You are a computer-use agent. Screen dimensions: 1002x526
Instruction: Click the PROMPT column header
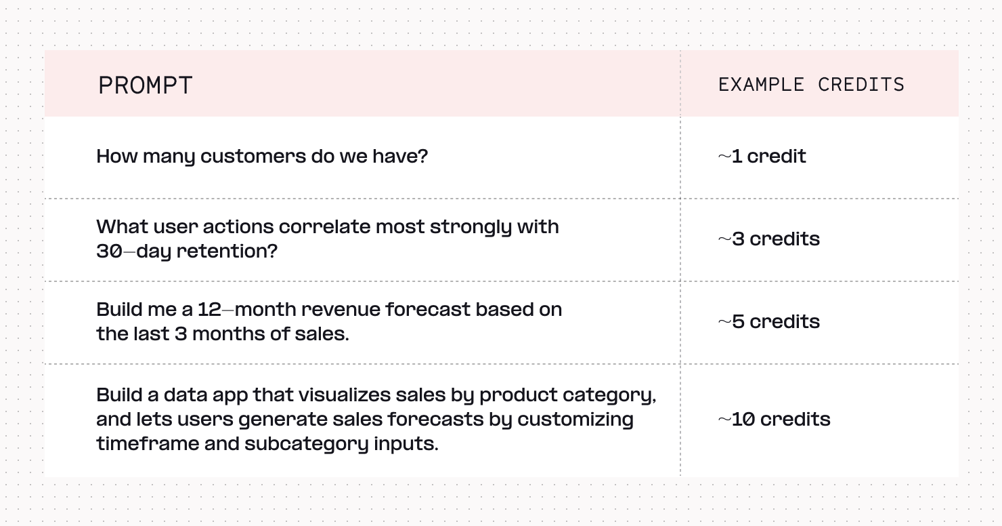146,85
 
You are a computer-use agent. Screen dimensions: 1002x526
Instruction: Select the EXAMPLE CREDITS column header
811,85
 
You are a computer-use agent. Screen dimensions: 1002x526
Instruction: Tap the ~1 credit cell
762,157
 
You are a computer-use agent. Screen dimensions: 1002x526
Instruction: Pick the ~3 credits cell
769,239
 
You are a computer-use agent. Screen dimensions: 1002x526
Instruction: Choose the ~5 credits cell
769,322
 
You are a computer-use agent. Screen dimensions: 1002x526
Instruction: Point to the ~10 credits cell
774,420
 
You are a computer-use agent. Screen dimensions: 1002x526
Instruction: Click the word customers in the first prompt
253,157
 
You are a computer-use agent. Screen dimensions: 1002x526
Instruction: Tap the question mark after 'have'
423,156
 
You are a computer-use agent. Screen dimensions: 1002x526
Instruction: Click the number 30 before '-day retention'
109,251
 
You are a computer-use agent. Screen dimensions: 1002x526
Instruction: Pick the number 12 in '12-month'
209,310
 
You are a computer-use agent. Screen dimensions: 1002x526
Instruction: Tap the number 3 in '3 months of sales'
181,334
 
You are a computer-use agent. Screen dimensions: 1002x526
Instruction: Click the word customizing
575,420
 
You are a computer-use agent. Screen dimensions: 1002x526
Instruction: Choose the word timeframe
148,444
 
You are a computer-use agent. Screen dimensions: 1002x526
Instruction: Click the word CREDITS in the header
861,85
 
